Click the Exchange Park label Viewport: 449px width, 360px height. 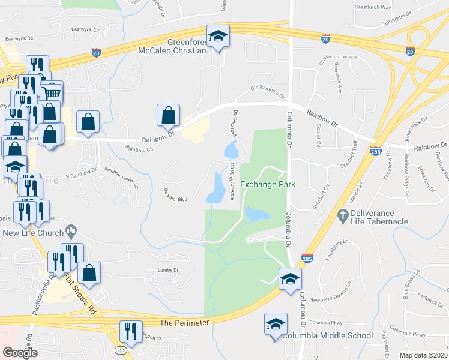click(268, 185)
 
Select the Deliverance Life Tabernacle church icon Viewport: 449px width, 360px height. click(343, 214)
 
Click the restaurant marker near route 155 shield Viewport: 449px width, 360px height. click(128, 331)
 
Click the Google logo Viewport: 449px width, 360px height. click(20, 353)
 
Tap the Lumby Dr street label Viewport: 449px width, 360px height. click(168, 271)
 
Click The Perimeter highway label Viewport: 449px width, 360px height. click(186, 323)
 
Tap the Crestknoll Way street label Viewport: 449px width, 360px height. click(373, 8)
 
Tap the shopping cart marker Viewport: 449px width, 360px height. click(52, 92)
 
